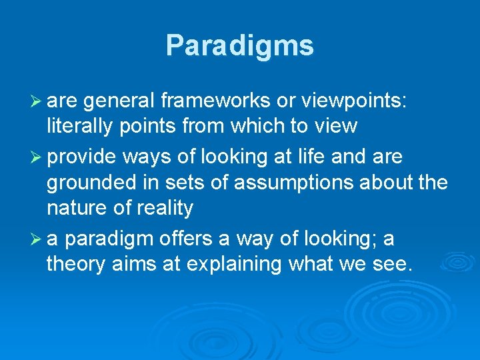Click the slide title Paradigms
(239, 45)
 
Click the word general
(118, 100)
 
